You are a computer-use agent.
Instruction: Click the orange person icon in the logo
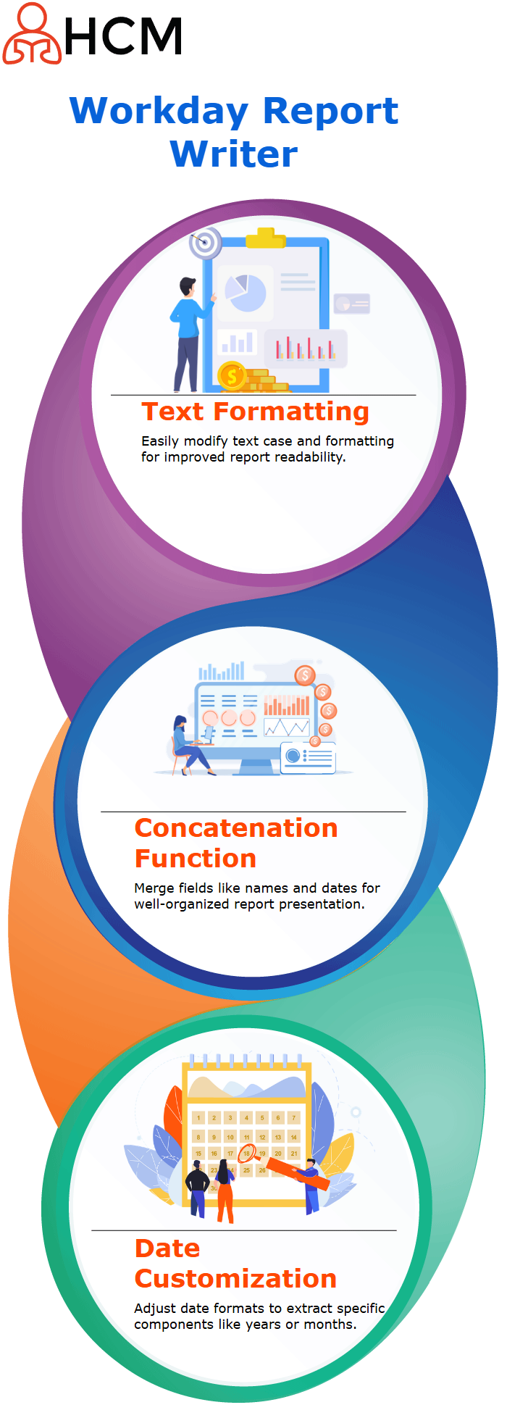tap(32, 33)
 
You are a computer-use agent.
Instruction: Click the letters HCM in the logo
tap(123, 37)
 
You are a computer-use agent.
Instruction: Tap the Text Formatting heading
tap(255, 412)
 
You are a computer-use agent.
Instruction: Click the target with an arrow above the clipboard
tap(205, 243)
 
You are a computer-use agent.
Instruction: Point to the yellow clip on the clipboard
tap(265, 238)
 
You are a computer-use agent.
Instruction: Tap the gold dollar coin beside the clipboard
tap(232, 376)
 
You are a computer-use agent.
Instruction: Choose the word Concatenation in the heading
tap(236, 828)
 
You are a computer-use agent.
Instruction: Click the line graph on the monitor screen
tap(287, 727)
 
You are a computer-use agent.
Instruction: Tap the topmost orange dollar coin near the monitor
tap(305, 675)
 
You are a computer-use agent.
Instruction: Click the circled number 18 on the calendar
tap(246, 1153)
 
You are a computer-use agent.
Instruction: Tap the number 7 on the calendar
tap(293, 1117)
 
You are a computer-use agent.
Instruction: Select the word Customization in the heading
tap(236, 1279)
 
